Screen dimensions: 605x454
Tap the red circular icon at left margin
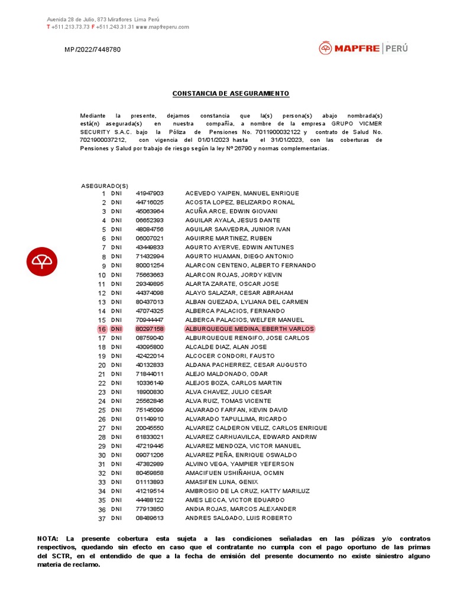point(42,261)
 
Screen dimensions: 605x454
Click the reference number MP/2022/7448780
point(92,50)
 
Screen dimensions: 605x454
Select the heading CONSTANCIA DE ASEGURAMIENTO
point(231,94)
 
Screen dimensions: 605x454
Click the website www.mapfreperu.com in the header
point(162,27)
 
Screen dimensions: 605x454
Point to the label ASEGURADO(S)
point(105,186)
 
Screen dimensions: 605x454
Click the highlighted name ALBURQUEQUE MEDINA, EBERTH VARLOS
point(249,329)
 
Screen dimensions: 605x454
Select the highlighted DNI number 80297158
point(150,329)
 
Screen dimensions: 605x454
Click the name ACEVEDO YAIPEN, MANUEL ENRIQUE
point(242,194)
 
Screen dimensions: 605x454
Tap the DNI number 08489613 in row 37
point(150,518)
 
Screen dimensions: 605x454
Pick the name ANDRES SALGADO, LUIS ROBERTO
point(238,518)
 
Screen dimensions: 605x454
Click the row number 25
point(102,411)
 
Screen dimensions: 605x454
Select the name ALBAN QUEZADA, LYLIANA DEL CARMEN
point(247,302)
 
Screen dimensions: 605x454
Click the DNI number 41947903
point(150,194)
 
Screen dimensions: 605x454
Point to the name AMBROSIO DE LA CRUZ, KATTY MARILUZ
point(247,491)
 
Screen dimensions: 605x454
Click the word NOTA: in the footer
point(47,539)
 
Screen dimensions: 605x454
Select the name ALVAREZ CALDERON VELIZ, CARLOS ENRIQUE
point(256,428)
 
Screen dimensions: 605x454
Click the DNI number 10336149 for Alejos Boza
point(150,383)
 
